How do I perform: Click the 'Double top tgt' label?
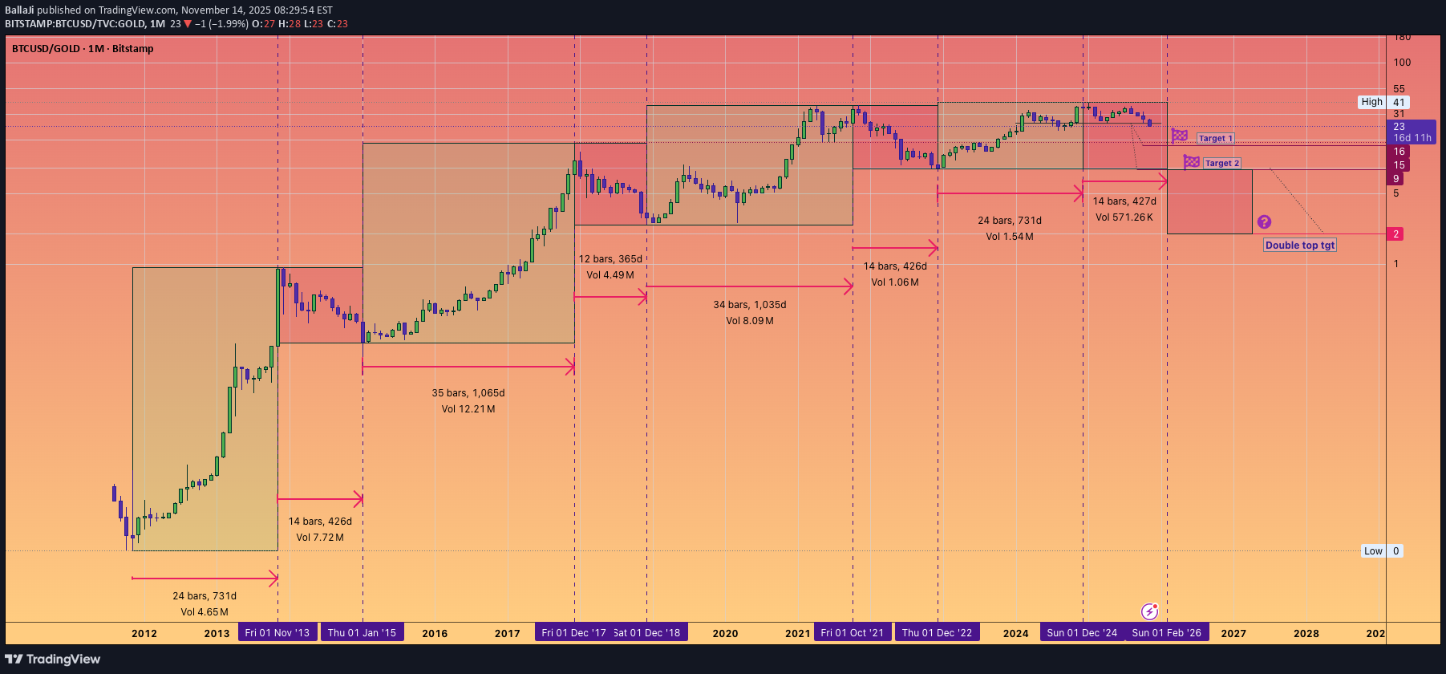coord(1300,246)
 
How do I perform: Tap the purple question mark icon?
coord(1264,222)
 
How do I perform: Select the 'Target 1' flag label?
coord(1215,139)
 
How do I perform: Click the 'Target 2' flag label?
coord(1221,164)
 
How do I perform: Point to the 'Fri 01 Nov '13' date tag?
coord(277,633)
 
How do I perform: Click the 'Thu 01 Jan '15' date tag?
coord(362,633)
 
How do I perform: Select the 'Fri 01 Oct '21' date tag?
coord(852,633)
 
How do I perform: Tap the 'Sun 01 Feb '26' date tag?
coord(1166,633)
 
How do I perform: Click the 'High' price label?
coord(1371,102)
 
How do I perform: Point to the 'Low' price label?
coord(1373,551)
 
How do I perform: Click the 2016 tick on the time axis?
coord(435,634)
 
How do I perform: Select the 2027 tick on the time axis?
coord(1233,634)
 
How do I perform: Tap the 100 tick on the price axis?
coord(1402,63)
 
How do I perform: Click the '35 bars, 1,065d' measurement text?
coord(468,393)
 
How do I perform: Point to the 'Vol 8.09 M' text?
coord(750,321)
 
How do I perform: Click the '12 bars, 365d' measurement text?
coord(610,259)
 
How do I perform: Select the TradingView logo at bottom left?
coord(53,660)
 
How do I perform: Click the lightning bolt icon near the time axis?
coord(1149,612)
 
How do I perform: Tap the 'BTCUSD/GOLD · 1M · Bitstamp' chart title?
coord(83,49)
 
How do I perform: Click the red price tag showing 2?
coord(1395,234)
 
